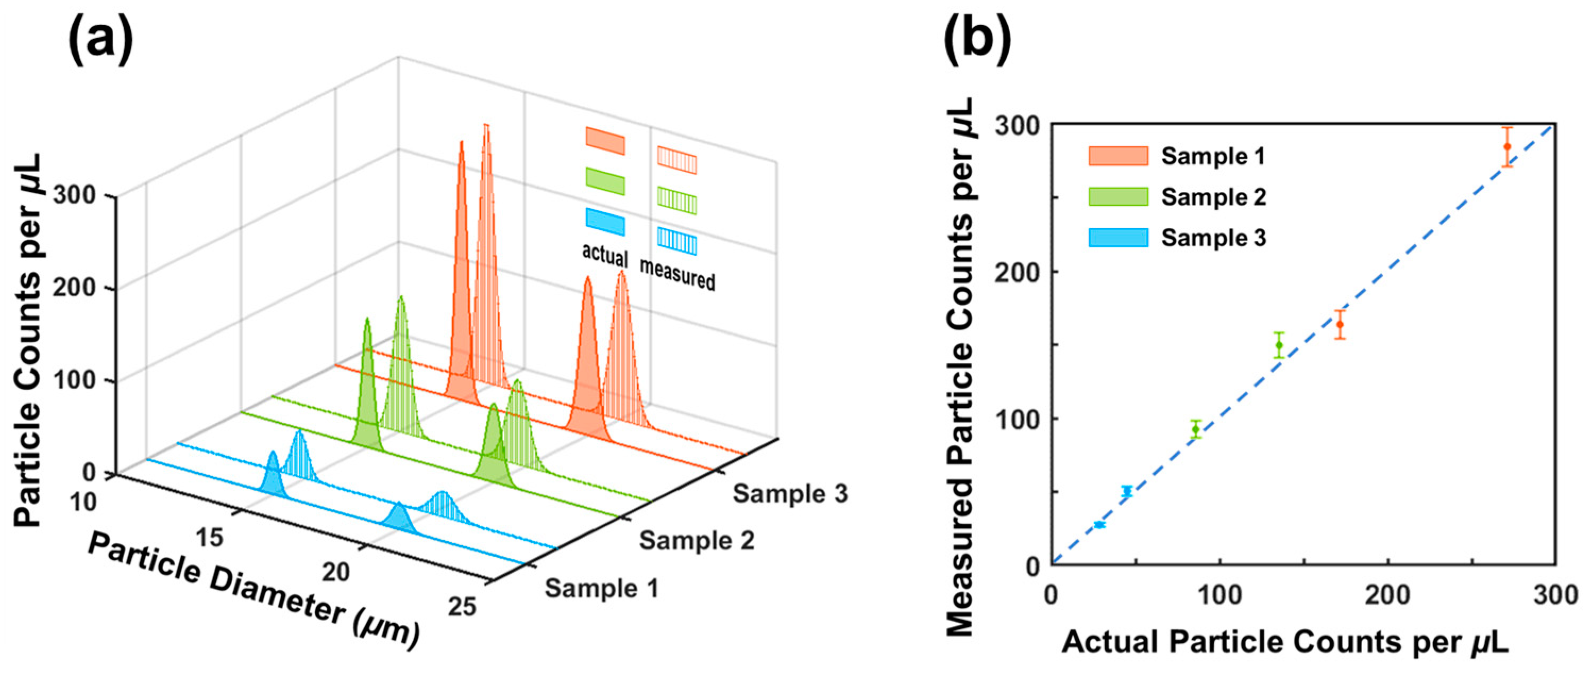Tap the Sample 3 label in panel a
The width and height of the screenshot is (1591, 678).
point(790,494)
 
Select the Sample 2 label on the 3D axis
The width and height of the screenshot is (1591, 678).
point(696,541)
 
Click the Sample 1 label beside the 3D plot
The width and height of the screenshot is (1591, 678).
point(601,588)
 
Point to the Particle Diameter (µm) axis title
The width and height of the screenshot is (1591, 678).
point(253,591)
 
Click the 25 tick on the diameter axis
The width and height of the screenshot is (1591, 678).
point(462,607)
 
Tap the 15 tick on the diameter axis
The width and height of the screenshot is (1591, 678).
point(209,538)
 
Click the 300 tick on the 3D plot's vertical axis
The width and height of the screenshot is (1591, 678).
point(74,195)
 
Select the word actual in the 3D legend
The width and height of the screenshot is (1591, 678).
point(605,255)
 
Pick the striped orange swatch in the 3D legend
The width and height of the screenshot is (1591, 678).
point(677,160)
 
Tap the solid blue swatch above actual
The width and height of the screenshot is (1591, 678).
point(605,222)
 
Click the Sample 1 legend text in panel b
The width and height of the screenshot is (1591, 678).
point(1213,156)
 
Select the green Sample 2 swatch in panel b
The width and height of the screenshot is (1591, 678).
point(1118,197)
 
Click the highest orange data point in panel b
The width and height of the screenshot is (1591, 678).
point(1507,146)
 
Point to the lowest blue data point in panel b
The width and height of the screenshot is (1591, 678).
point(1099,524)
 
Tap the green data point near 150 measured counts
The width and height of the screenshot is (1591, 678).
point(1279,345)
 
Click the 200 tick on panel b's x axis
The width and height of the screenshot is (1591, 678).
point(1388,595)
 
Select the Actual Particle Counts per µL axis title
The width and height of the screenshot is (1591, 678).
point(1285,642)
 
